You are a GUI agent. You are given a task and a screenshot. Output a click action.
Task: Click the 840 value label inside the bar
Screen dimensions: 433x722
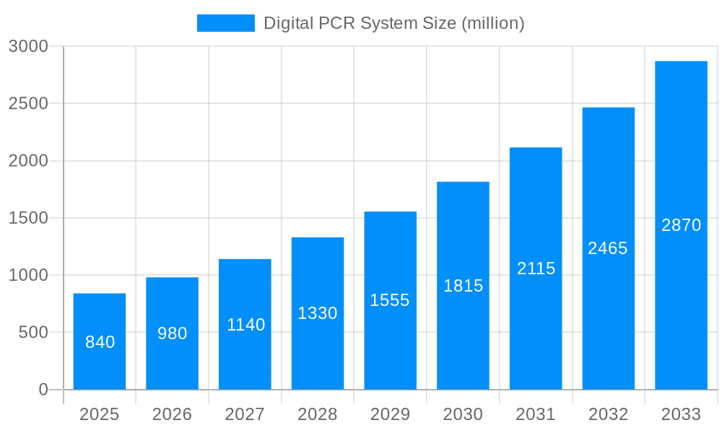100,342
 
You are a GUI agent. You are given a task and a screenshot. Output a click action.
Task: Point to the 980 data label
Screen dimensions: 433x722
173,333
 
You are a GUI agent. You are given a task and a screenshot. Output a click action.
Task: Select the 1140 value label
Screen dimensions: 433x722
245,325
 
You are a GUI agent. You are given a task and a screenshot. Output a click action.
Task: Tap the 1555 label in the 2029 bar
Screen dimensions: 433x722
390,300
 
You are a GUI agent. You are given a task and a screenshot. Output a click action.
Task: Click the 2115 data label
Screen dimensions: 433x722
536,268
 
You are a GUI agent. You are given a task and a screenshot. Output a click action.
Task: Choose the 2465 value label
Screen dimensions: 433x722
608,248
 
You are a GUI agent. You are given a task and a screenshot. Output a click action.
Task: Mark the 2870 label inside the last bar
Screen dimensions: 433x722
681,225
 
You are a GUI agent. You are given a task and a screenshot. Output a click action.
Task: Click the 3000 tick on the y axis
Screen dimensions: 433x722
28,46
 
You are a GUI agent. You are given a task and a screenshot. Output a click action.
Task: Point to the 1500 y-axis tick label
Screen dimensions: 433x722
28,218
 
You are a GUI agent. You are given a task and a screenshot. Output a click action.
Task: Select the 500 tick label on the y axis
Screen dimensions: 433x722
33,333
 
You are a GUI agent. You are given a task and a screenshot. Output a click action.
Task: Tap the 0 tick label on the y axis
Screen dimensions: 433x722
43,390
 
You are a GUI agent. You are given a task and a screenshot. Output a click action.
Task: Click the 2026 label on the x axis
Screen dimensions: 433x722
173,414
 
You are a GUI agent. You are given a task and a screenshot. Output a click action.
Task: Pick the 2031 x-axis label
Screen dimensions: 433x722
536,414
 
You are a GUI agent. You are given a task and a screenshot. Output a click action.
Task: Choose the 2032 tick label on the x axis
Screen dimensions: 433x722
608,414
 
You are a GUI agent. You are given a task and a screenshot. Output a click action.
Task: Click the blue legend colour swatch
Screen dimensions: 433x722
226,23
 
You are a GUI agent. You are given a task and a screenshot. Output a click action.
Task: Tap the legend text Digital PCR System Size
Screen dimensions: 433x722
393,23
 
